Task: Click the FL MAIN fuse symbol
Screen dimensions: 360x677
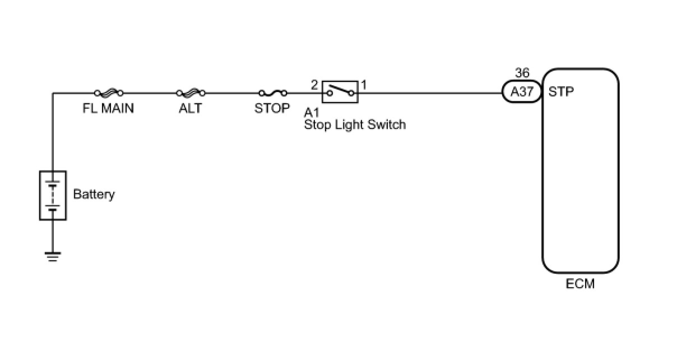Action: [x=109, y=93]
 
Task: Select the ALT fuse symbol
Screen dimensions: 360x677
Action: [x=191, y=93]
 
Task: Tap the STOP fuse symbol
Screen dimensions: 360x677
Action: [x=273, y=93]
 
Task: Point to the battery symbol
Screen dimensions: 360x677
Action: [x=53, y=195]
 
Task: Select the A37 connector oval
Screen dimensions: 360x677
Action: [x=522, y=91]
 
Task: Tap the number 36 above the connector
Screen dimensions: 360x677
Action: [x=522, y=73]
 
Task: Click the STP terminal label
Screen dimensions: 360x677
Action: [x=561, y=91]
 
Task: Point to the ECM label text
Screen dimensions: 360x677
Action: [x=580, y=284]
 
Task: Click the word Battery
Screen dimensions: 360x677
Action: [x=94, y=195]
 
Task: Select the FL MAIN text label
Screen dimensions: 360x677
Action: [x=108, y=108]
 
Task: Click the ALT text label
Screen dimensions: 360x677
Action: [x=191, y=108]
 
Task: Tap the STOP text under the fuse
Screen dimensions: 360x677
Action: [x=272, y=108]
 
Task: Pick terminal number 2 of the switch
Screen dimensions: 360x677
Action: [x=314, y=85]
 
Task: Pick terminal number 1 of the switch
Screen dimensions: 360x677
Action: [x=364, y=85]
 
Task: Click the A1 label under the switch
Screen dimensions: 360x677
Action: [x=312, y=112]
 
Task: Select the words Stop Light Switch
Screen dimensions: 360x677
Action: [x=355, y=124]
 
